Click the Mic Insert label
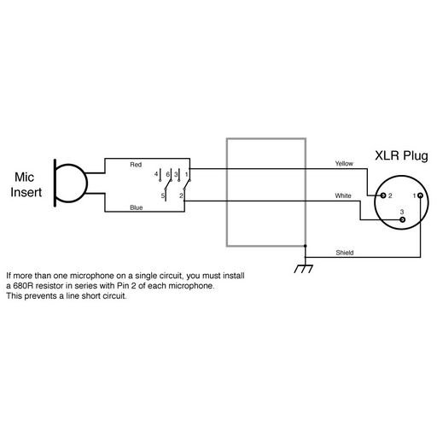tap(26, 185)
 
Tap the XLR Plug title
tap(401, 156)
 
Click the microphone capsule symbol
tap(70, 183)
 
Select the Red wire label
tap(136, 165)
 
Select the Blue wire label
tap(136, 207)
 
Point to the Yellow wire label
tap(344, 164)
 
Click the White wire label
tap(343, 195)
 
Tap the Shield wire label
tap(345, 253)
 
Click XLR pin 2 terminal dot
tap(383, 195)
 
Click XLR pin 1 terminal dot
tap(420, 195)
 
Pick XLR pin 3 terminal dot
tap(402, 219)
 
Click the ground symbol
tap(303, 269)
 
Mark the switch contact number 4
tap(156, 174)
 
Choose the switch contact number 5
tap(163, 195)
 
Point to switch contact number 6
tap(167, 174)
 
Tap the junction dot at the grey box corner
tap(306, 246)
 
